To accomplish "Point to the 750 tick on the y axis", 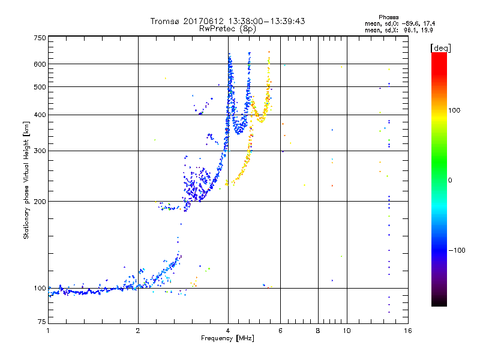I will (40, 38).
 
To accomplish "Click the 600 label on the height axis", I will (40, 64).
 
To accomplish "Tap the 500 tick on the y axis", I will (40, 87).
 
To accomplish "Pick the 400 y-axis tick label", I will (40, 115).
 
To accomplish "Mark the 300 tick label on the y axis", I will (40, 151).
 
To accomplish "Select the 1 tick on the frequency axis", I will (48, 331).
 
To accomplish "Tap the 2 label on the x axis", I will (138, 331).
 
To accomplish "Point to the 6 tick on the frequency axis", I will (280, 331).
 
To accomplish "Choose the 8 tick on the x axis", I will (318, 331).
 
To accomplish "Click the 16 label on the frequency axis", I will (407, 331).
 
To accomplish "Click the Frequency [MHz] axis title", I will (227, 339).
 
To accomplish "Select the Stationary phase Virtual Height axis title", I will (26, 181).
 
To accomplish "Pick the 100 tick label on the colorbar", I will (455, 110).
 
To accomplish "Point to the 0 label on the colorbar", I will (451, 180).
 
